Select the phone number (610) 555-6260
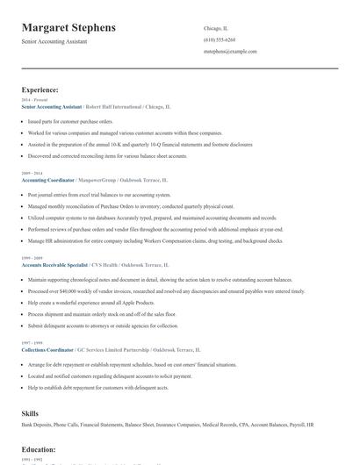coord(219,39)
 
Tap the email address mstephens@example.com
coord(230,52)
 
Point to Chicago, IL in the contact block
coord(216,27)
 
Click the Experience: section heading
coord(40,89)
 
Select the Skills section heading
coord(30,412)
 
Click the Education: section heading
coord(39,449)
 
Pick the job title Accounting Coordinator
coord(46,179)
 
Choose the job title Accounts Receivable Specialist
coord(54,263)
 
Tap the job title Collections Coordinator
coord(47,348)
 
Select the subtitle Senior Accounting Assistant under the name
coord(55,42)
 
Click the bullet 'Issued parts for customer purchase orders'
coord(70,121)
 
